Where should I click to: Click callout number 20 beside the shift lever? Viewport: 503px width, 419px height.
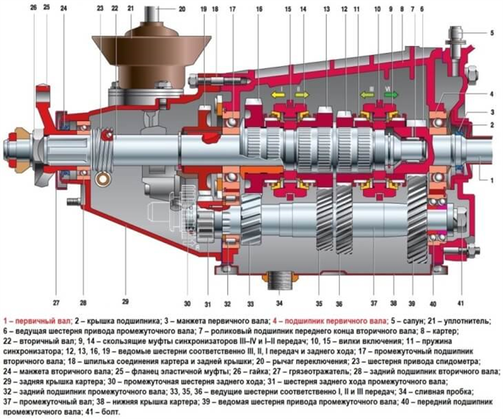[x=182, y=9]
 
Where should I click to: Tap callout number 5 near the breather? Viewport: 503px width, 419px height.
[x=492, y=33]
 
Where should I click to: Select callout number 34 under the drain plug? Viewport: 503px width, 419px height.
[x=279, y=303]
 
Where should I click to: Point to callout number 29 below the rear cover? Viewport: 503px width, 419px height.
[x=125, y=301]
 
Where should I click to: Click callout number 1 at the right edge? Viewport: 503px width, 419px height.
[x=492, y=180]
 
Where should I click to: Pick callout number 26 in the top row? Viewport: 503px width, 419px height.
[x=33, y=7]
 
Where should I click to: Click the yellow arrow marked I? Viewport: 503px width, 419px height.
[x=278, y=95]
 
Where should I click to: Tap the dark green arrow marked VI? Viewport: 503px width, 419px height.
[x=391, y=94]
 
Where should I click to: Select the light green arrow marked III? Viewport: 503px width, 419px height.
[x=367, y=95]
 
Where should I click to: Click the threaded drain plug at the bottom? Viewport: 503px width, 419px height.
[x=279, y=280]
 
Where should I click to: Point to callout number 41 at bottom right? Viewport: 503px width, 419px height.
[x=461, y=303]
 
